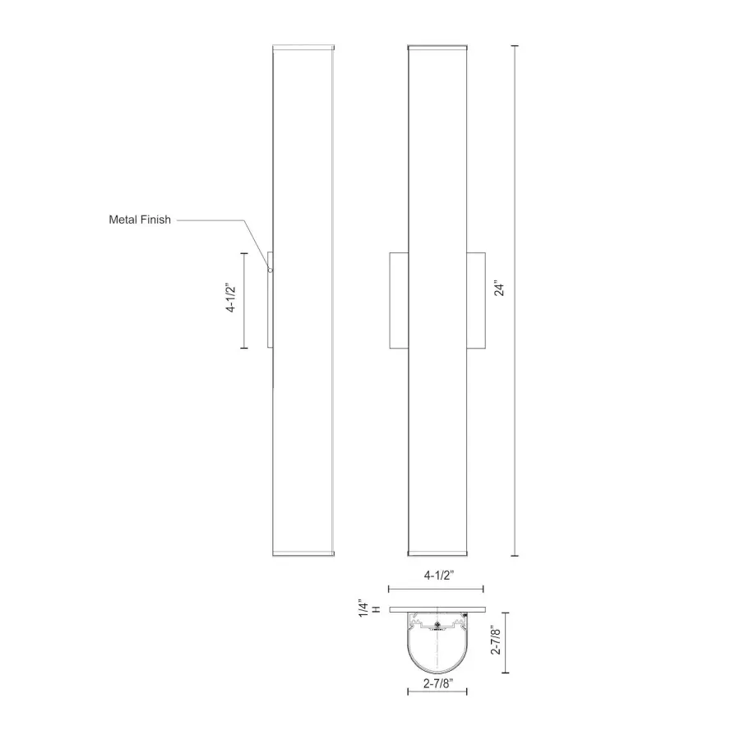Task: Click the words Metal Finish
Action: (x=140, y=220)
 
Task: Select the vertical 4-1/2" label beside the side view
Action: (x=232, y=299)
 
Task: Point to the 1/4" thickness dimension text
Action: (x=363, y=609)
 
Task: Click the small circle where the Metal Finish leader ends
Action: (x=271, y=270)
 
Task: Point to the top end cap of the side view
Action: (x=302, y=48)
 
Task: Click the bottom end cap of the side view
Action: (x=302, y=553)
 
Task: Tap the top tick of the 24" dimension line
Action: (x=516, y=45)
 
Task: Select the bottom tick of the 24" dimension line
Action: (x=516, y=556)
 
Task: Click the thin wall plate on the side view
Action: (x=269, y=301)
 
